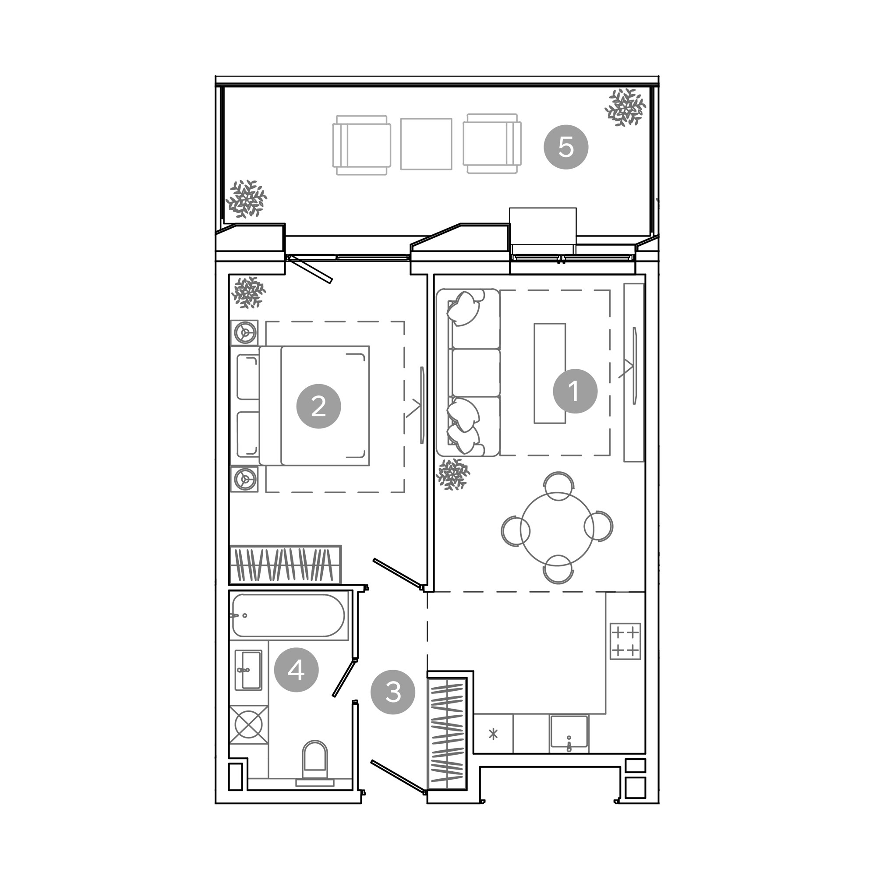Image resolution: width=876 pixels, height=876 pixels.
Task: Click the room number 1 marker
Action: (575, 390)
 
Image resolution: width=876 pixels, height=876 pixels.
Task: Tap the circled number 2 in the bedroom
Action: (318, 406)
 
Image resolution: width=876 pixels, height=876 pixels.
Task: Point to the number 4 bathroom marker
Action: (297, 669)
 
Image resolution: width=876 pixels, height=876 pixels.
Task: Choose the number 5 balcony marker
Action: (566, 147)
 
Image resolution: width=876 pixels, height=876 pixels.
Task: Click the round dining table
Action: (557, 528)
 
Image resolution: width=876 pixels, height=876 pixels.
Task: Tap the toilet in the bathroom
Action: (314, 763)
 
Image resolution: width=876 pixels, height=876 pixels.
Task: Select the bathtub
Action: (288, 616)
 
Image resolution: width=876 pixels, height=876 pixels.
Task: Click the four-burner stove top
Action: (625, 641)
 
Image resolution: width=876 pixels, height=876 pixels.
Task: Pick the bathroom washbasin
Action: (248, 670)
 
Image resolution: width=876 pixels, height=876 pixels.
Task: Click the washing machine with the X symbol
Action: (248, 724)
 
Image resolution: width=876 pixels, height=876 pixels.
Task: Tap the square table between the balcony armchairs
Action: (426, 144)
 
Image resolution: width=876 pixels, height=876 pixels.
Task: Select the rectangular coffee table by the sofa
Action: (550, 373)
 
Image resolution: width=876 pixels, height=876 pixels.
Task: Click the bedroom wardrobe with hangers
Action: (285, 565)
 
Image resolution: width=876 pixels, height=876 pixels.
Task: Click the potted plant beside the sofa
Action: (452, 474)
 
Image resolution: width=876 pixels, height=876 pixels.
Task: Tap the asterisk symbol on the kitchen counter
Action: (493, 734)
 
